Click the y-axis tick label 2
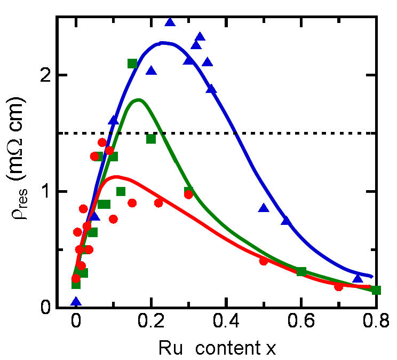(x=46, y=75)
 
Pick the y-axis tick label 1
(x=46, y=192)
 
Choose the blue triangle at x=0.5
(x=264, y=208)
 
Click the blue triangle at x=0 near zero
(x=76, y=302)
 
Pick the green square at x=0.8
(x=376, y=290)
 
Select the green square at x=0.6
(x=301, y=272)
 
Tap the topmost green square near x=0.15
(x=132, y=64)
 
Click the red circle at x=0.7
(x=338, y=287)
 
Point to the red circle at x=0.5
(x=264, y=261)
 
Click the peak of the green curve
(x=139, y=100)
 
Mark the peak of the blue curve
(x=164, y=43)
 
